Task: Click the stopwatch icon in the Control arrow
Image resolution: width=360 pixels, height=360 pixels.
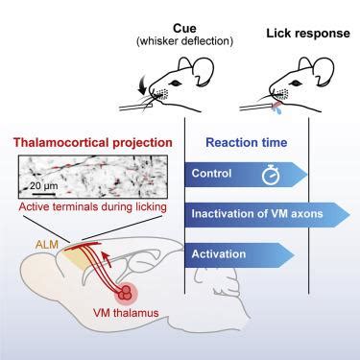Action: [x=271, y=175]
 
